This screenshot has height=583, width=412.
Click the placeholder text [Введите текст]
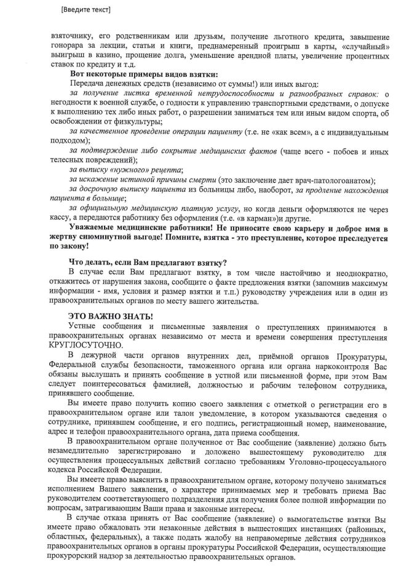click(86, 10)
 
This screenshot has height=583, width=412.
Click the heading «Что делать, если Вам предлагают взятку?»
click(148, 262)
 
